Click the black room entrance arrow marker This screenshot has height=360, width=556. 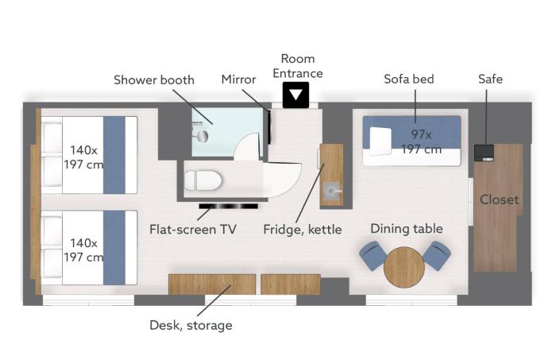tap(295, 95)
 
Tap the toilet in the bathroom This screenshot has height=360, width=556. tap(203, 180)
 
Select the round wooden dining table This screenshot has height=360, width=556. tap(404, 267)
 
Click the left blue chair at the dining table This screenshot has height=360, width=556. tap(373, 255)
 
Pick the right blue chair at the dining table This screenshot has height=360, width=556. tap(437, 255)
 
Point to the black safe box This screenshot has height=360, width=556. tap(484, 153)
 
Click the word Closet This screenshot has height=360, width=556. tap(500, 199)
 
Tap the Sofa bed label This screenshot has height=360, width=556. tap(409, 79)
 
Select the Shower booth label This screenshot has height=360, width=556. tap(154, 79)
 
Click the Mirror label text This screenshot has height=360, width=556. tap(238, 79)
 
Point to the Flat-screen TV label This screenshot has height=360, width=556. tap(193, 230)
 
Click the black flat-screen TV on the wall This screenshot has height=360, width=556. tap(229, 206)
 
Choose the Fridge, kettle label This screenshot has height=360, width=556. tap(303, 230)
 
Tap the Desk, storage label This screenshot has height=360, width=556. tap(191, 325)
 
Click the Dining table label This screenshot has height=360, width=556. tap(407, 229)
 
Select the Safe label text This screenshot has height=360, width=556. tap(490, 79)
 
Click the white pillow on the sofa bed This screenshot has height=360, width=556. tap(380, 141)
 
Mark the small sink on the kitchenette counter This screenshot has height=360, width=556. tap(332, 192)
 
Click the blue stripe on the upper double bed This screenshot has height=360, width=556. tap(114, 155)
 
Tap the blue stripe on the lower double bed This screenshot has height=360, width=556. tap(114, 248)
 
